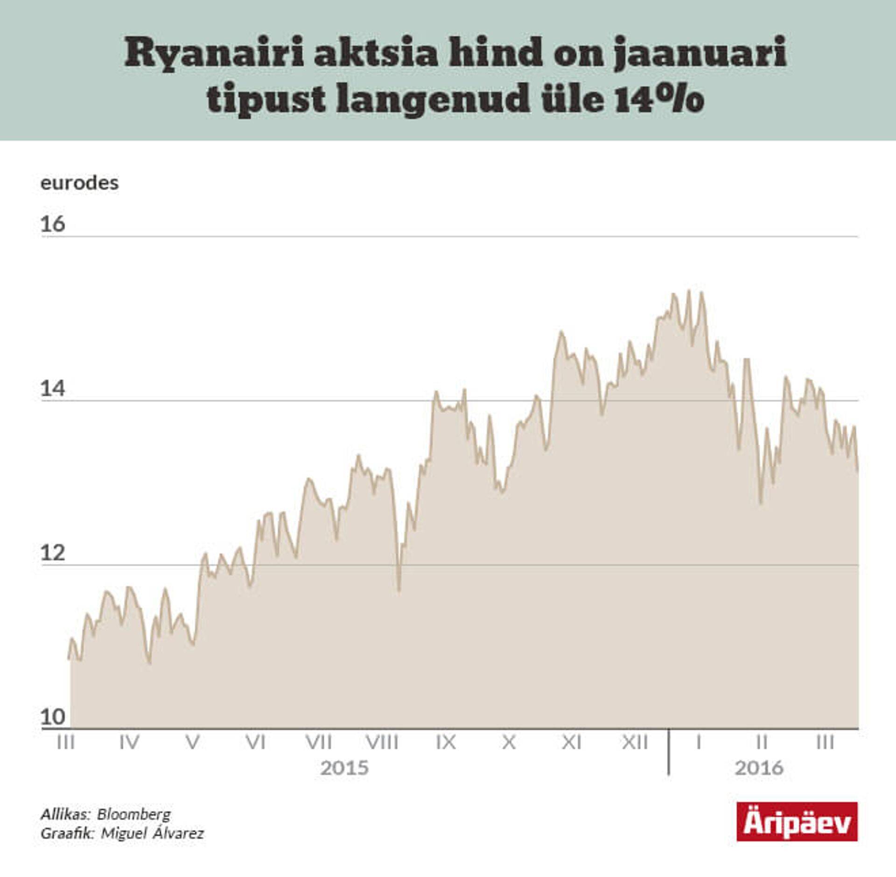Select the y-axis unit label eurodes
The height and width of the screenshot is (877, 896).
click(x=80, y=183)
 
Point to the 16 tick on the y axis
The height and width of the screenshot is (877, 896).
click(x=53, y=225)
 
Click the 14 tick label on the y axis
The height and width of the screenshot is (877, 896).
click(x=53, y=389)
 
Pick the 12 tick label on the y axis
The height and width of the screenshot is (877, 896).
click(x=53, y=554)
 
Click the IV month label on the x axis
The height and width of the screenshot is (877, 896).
click(x=129, y=742)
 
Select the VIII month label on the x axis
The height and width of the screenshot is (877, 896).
click(x=382, y=742)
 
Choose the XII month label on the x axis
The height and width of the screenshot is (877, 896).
click(x=635, y=742)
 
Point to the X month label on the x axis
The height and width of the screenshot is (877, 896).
click(x=509, y=742)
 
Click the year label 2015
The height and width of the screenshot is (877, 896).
click(x=344, y=768)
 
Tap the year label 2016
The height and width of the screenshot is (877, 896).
click(x=759, y=768)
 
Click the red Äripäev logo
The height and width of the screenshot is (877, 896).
click(x=797, y=822)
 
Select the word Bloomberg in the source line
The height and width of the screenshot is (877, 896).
click(x=134, y=814)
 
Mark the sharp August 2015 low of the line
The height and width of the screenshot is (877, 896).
click(x=399, y=591)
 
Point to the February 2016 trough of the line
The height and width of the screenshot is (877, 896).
click(x=761, y=503)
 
